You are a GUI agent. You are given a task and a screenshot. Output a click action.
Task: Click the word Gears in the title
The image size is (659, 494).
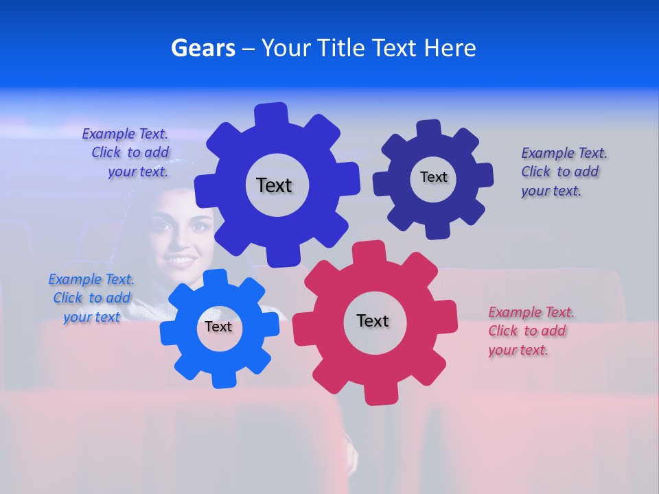pyautogui.click(x=203, y=48)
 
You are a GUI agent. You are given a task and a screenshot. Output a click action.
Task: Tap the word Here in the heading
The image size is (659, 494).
pyautogui.click(x=450, y=48)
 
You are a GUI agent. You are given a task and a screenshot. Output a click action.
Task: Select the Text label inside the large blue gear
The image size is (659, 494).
pyautogui.click(x=274, y=185)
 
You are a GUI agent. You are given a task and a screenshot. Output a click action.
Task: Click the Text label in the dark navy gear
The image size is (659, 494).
pyautogui.click(x=433, y=177)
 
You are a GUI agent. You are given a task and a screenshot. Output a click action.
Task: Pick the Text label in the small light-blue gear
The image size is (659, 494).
pyautogui.click(x=218, y=327)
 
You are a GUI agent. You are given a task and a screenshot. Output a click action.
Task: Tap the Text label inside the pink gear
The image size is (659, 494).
pyautogui.click(x=373, y=320)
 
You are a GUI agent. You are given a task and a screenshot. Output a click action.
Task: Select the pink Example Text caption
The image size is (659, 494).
pyautogui.click(x=531, y=331)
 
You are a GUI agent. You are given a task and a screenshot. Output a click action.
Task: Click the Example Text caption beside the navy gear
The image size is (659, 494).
pyautogui.click(x=564, y=172)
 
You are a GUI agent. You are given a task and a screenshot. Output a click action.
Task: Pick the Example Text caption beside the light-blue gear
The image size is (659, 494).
pyautogui.click(x=91, y=298)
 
